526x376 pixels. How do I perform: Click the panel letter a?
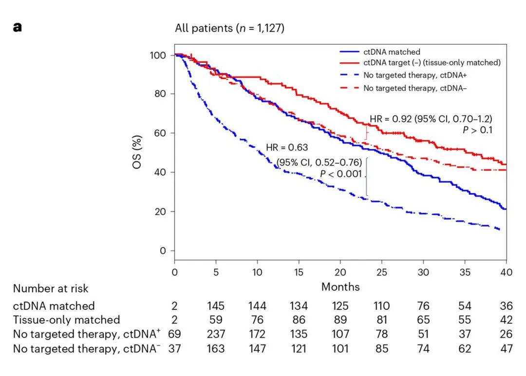coord(18,27)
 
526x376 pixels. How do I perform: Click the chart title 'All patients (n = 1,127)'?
coord(229,28)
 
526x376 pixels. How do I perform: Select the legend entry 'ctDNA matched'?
coord(391,52)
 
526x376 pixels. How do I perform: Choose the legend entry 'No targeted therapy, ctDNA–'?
coord(412,88)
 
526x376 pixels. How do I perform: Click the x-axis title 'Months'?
coord(340,287)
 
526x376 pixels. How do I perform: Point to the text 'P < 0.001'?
coord(340,174)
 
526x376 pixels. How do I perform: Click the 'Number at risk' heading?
coord(51,288)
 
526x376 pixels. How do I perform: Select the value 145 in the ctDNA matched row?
coord(216,306)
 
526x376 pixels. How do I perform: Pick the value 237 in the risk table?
coord(216,335)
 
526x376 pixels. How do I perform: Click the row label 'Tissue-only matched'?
coord(66,320)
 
